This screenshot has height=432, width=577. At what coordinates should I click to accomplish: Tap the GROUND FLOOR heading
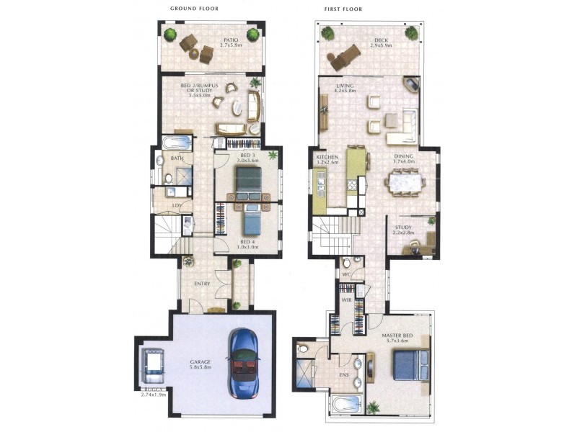(x=194, y=9)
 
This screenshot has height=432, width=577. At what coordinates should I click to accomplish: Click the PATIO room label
(x=231, y=40)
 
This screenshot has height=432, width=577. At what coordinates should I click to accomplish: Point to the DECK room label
(x=381, y=40)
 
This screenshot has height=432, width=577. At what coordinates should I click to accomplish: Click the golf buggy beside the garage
(x=154, y=365)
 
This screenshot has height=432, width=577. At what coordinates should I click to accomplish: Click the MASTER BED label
(x=396, y=336)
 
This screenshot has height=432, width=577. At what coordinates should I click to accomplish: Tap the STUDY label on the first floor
(x=403, y=228)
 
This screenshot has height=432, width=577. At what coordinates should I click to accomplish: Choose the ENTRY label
(x=202, y=284)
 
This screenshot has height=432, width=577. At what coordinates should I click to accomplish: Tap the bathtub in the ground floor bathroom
(x=177, y=142)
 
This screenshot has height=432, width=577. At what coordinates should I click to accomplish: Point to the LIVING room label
(x=345, y=86)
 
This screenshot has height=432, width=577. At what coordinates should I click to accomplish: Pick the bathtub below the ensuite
(x=347, y=403)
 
